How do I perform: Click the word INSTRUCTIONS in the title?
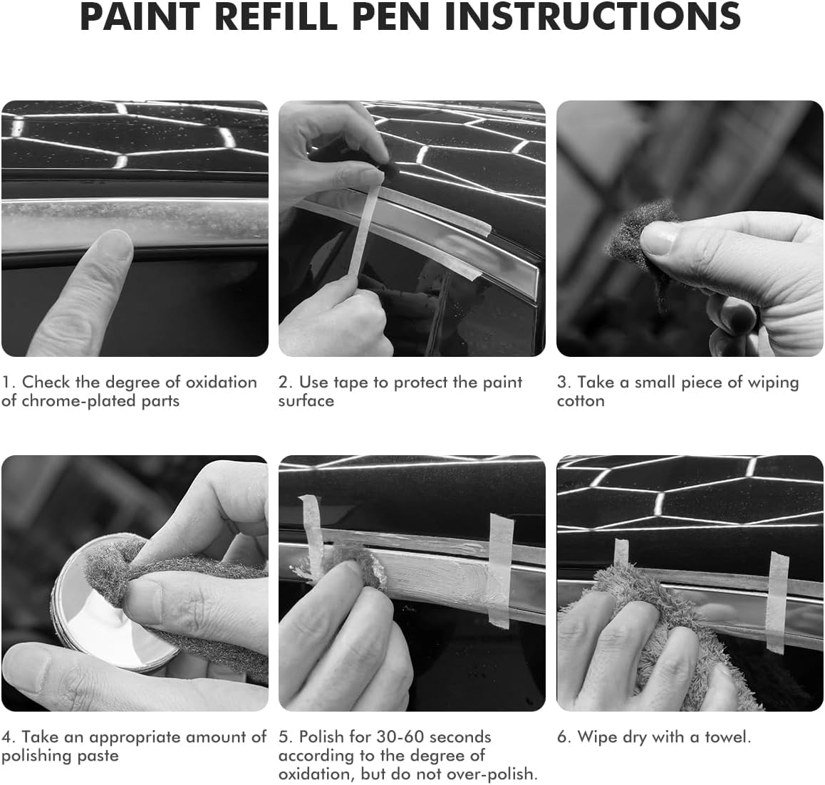click(593, 16)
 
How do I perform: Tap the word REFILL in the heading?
click(276, 16)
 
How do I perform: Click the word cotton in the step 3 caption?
click(581, 401)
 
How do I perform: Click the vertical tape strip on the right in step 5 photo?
click(500, 571)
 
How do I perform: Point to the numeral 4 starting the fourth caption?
click(6, 737)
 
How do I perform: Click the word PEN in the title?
click(391, 16)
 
